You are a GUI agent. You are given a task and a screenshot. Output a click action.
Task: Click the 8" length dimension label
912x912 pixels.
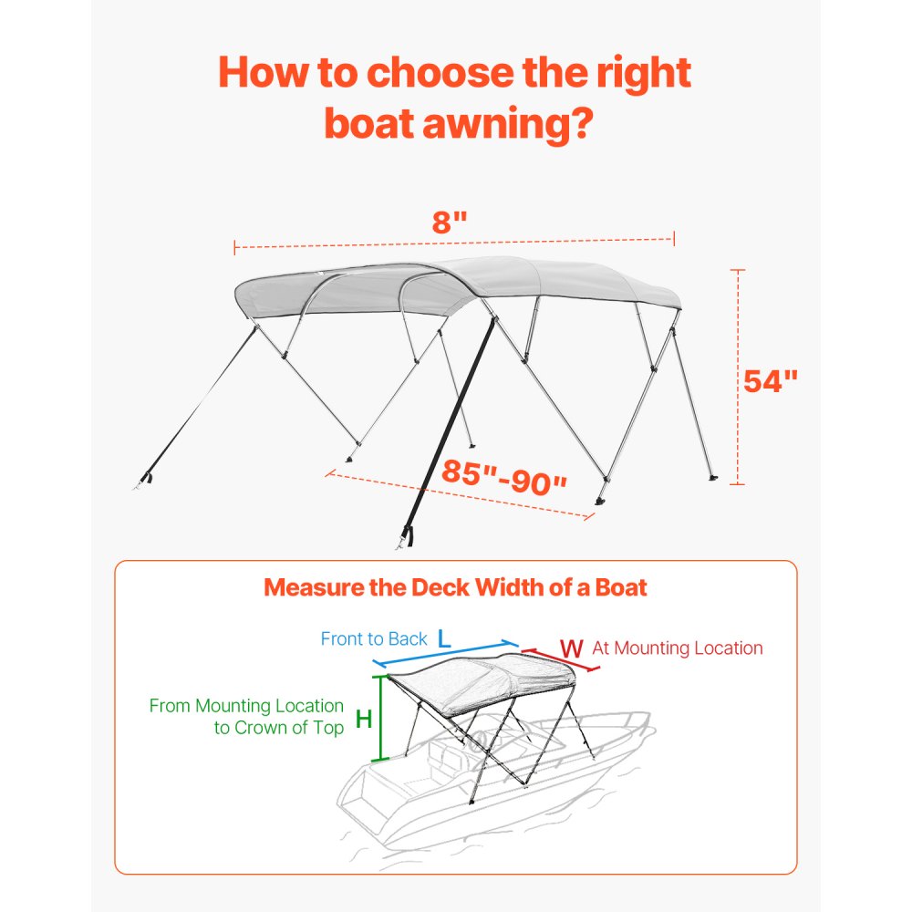click(450, 223)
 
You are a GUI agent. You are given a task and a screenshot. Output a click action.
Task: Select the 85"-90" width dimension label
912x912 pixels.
click(504, 475)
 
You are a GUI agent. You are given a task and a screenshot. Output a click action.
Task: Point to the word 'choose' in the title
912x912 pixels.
click(426, 72)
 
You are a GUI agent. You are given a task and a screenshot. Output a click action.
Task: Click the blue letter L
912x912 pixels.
click(444, 639)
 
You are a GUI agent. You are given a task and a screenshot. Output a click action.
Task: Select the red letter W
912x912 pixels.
click(571, 648)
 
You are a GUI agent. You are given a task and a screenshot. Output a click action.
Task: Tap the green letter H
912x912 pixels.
click(363, 719)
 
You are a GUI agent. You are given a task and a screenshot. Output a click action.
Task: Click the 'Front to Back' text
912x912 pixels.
click(374, 638)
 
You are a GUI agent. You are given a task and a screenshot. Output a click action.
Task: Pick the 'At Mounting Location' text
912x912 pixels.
click(677, 648)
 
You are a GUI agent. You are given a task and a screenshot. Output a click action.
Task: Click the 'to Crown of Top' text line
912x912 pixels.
click(279, 728)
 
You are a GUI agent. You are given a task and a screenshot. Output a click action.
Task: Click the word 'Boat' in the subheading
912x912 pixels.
click(619, 587)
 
